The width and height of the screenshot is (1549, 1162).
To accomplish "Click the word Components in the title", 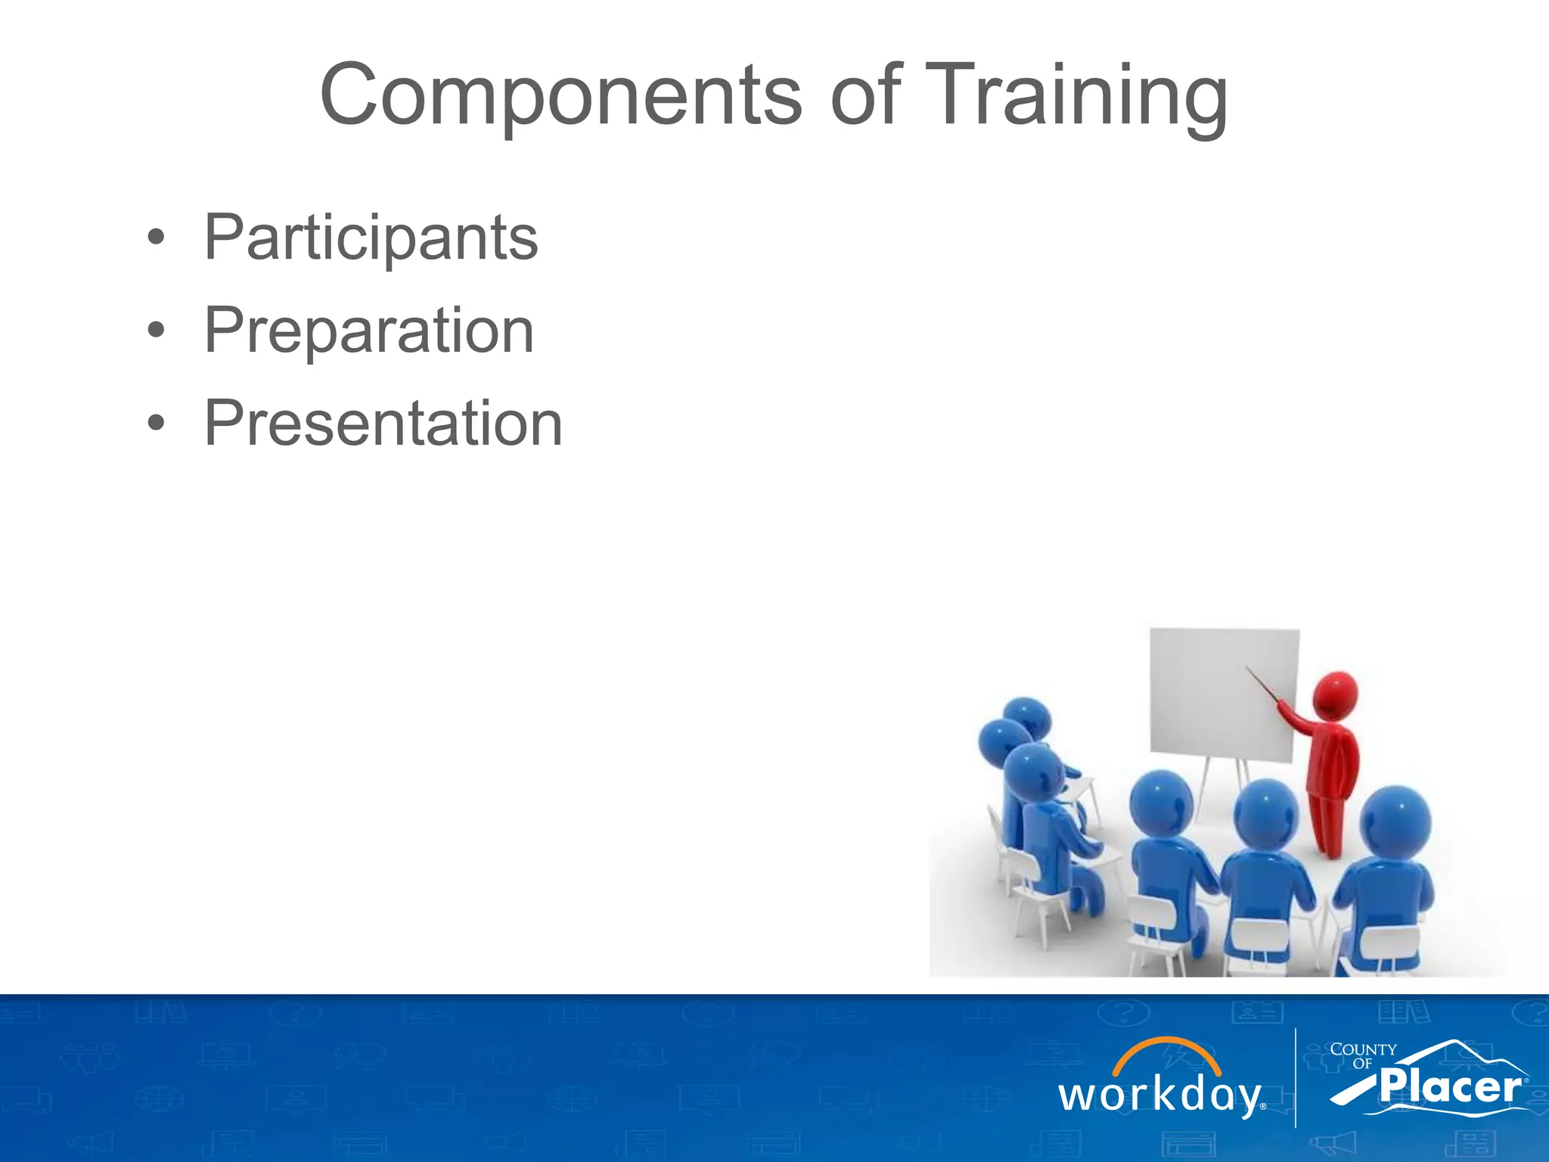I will click(x=560, y=96).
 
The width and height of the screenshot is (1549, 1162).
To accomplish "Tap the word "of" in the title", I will click(x=865, y=96).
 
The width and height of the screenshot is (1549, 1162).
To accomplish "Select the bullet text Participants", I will click(x=371, y=238).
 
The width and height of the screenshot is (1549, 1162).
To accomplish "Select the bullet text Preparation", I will click(x=369, y=331).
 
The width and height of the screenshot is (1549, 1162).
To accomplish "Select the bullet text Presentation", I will click(x=383, y=424).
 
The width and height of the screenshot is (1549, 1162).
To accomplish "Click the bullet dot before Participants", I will click(x=156, y=238).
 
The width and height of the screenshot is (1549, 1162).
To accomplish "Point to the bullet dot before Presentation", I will click(x=156, y=424).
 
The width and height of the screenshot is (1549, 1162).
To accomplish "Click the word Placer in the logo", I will click(x=1449, y=1088).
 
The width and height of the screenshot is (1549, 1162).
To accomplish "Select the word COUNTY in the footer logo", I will click(x=1363, y=1050).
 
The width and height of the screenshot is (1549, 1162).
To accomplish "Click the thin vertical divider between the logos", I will click(x=1296, y=1078).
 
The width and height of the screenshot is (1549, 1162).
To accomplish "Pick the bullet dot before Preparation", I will click(x=156, y=331).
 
